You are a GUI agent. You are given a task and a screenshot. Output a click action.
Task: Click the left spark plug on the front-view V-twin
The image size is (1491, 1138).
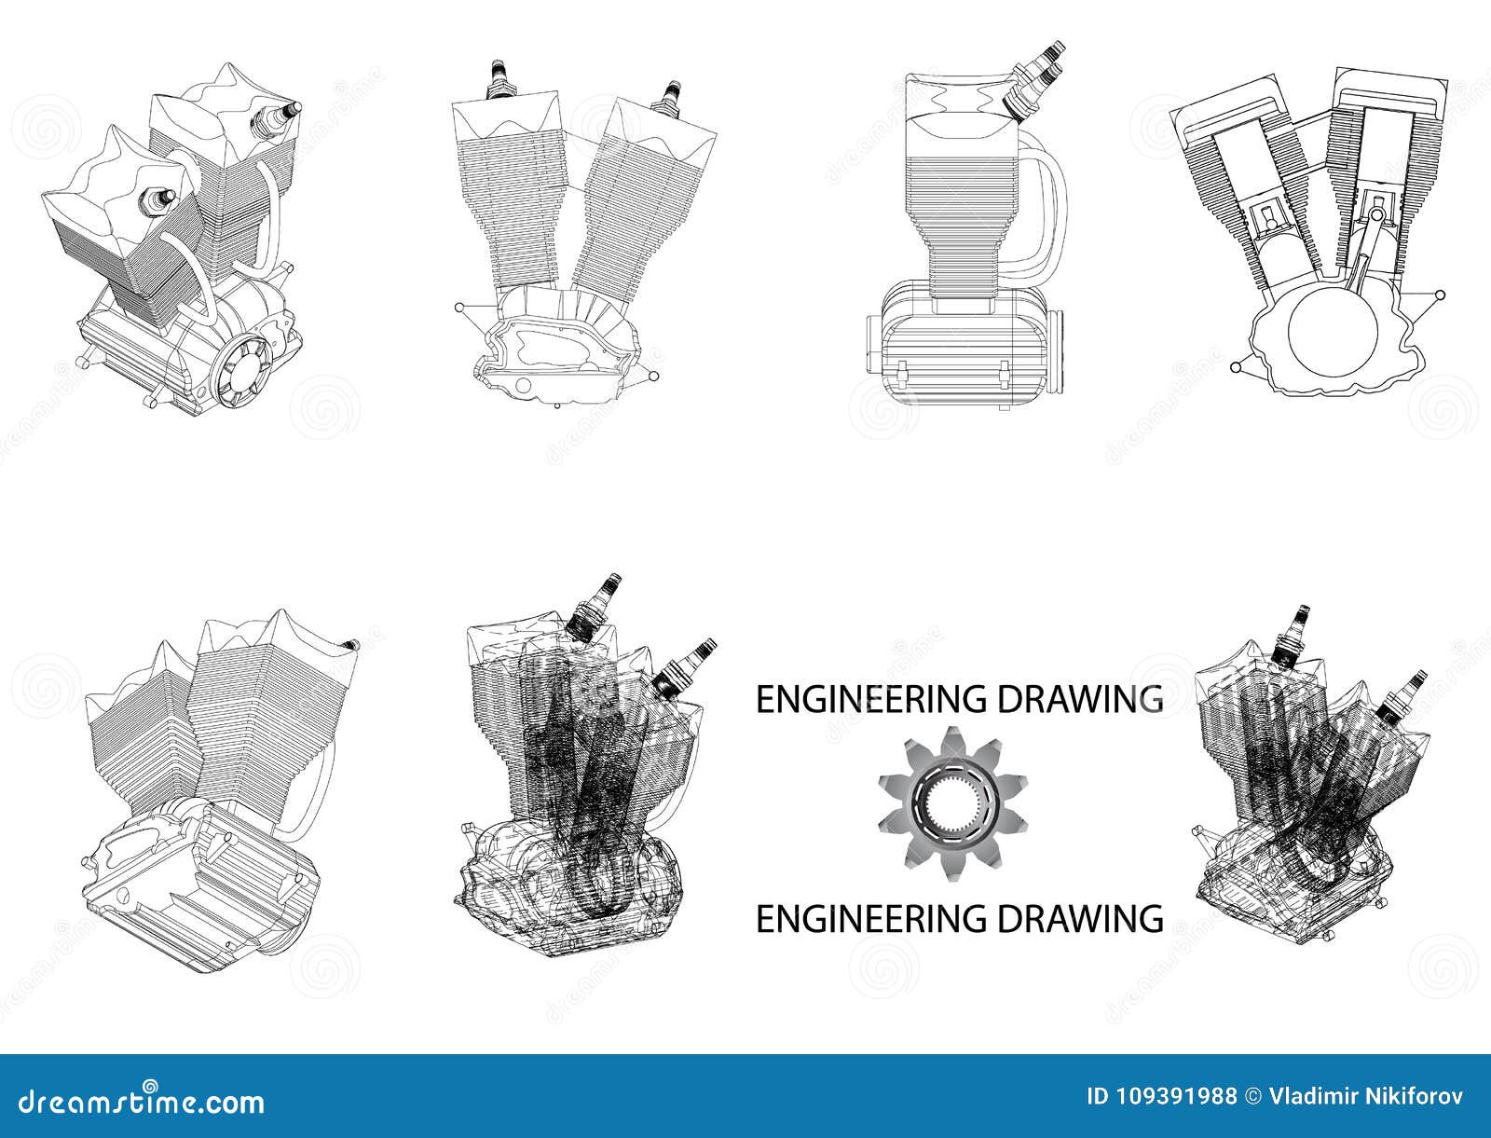point(499,78)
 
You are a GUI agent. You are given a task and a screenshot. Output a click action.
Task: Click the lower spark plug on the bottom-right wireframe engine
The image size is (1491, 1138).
point(1406,691)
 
